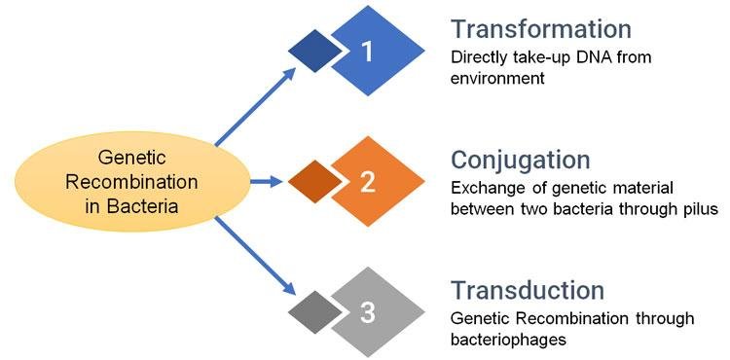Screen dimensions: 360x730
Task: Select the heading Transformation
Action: (x=541, y=28)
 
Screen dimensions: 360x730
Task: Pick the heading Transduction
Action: (x=528, y=290)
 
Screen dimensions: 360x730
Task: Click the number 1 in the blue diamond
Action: (x=367, y=52)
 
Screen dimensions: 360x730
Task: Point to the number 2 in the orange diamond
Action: (x=367, y=181)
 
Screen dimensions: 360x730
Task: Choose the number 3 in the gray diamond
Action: (x=367, y=312)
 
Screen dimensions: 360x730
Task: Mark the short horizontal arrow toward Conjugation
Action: (x=265, y=181)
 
